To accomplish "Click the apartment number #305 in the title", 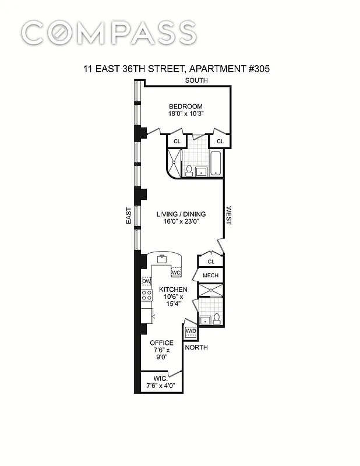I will [255, 69].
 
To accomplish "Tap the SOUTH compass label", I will [196, 80].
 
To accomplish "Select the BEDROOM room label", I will [185, 106].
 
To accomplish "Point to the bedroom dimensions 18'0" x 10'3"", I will [185, 115].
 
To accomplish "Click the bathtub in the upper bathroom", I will [216, 163].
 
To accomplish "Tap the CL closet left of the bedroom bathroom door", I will [177, 141].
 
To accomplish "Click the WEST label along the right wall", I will [229, 215].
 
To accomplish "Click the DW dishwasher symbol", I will [147, 282].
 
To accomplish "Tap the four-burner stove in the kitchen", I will [147, 295].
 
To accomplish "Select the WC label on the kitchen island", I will [177, 272].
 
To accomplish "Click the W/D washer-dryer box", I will [190, 331].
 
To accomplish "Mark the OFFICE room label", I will [161, 343].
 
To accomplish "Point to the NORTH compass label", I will [196, 348].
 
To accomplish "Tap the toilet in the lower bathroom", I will [216, 318].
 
